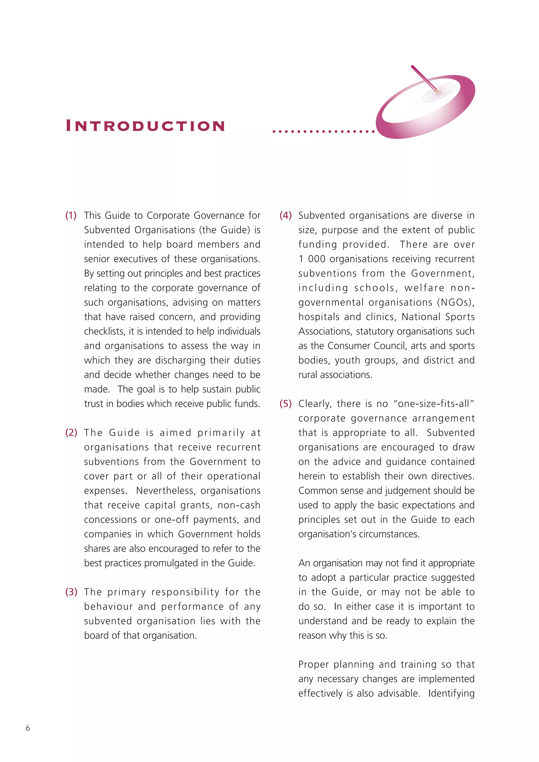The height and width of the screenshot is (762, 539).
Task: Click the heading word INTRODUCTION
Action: pyautogui.click(x=145, y=126)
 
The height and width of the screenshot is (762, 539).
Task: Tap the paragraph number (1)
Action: pyautogui.click(x=71, y=215)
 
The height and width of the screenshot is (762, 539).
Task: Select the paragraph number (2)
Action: pyautogui.click(x=71, y=433)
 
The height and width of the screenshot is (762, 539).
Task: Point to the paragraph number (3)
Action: pyautogui.click(x=71, y=592)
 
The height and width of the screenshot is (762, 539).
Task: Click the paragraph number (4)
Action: pyautogui.click(x=286, y=215)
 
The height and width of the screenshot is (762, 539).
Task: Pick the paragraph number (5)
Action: pyautogui.click(x=286, y=404)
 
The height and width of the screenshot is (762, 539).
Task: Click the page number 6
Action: pyautogui.click(x=28, y=728)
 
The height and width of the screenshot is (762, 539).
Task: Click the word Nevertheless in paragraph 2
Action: pyautogui.click(x=166, y=490)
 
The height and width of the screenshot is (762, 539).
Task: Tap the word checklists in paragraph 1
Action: pyautogui.click(x=104, y=331)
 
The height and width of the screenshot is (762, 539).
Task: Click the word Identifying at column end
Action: pyautogui.click(x=451, y=693)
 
